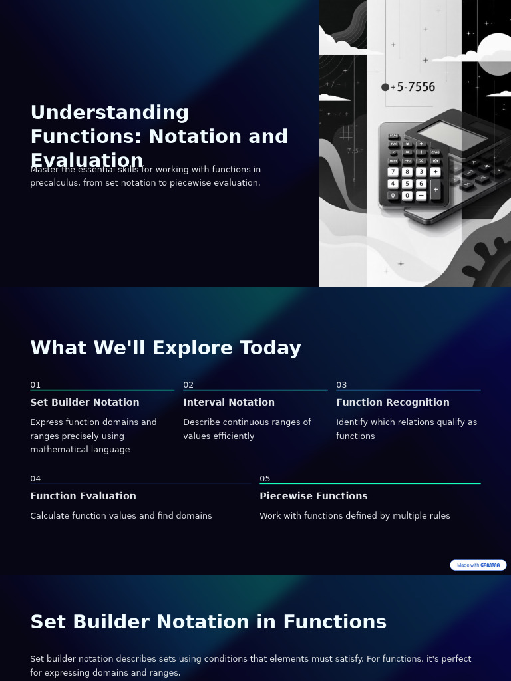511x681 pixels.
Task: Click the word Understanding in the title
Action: pyautogui.click(x=110, y=112)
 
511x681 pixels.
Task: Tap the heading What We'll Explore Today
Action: pyautogui.click(x=166, y=348)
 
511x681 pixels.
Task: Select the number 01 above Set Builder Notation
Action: pyautogui.click(x=35, y=385)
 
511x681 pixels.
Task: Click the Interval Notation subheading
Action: pyautogui.click(x=229, y=402)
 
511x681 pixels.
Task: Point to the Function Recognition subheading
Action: pyautogui.click(x=393, y=402)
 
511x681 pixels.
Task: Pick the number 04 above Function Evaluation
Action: pyautogui.click(x=35, y=479)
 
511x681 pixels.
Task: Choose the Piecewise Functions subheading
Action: pyautogui.click(x=313, y=496)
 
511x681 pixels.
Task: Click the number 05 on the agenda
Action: pyautogui.click(x=265, y=479)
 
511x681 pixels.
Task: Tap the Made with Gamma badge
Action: pyautogui.click(x=478, y=565)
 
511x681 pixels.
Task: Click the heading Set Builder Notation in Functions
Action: pyautogui.click(x=208, y=622)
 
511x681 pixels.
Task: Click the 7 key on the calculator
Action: pyautogui.click(x=393, y=172)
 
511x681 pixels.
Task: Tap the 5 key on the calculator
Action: pyautogui.click(x=407, y=184)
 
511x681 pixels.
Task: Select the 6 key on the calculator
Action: pyautogui.click(x=421, y=184)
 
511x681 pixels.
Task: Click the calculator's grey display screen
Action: pyautogui.click(x=452, y=136)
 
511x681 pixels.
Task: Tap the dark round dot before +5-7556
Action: pyautogui.click(x=385, y=87)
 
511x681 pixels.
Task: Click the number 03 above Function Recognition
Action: pyautogui.click(x=341, y=385)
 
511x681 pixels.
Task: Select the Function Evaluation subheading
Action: pyautogui.click(x=83, y=496)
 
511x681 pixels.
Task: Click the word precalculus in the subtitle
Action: pyautogui.click(x=54, y=183)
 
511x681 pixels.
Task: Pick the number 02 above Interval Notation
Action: pyautogui.click(x=188, y=385)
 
